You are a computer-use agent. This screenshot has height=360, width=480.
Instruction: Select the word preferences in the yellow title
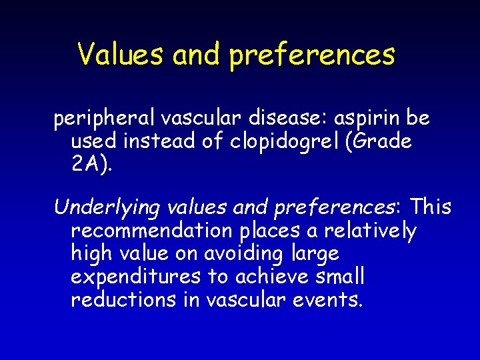pos(312,55)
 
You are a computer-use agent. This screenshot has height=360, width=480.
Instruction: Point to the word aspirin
pos(355,119)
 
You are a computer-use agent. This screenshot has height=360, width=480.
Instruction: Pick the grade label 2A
pos(89,165)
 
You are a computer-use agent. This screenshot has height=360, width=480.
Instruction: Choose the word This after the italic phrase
pos(431,207)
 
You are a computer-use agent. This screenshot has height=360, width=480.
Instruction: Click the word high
pos(93,254)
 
